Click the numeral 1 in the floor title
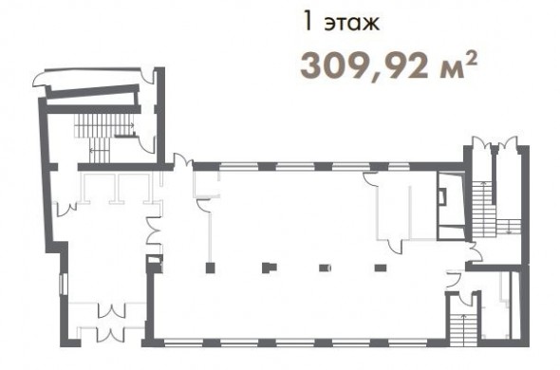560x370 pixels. point(308,22)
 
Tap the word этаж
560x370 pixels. point(352,25)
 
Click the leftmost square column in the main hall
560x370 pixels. point(210,268)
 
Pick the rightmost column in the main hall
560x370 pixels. point(381,268)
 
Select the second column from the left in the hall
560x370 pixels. point(270,268)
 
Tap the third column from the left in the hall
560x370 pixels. point(325,268)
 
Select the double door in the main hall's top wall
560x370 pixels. point(183,159)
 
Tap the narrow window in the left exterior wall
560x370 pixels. point(64,285)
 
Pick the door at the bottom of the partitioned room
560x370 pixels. point(395,246)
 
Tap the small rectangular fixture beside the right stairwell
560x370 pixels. point(443,196)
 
